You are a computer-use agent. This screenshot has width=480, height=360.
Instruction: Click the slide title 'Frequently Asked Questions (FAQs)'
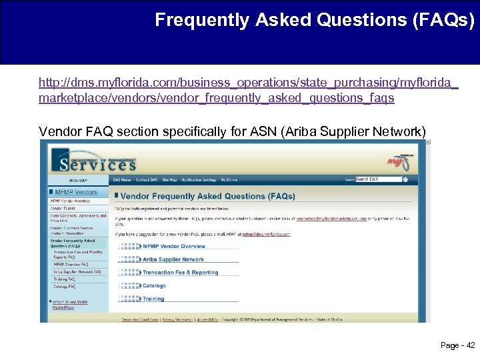click(315, 21)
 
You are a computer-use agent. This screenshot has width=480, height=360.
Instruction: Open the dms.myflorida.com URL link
click(248, 90)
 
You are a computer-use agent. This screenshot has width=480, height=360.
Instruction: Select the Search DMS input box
click(379, 179)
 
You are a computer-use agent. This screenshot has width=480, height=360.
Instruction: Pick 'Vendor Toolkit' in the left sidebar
click(63, 208)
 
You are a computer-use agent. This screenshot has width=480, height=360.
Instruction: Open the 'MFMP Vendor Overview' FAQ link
click(174, 246)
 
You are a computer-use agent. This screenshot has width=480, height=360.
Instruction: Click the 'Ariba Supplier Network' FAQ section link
click(173, 259)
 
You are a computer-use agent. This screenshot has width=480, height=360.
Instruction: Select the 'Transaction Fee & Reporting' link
click(180, 273)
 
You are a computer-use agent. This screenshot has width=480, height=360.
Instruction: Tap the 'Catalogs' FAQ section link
click(154, 286)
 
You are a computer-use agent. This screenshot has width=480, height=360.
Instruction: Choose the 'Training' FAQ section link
click(153, 299)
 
